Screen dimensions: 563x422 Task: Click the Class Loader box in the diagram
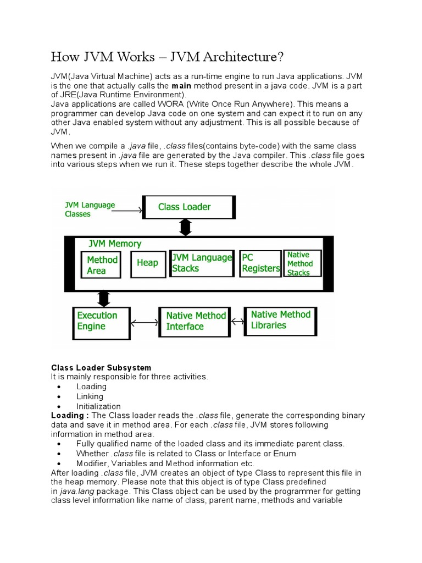(x=189, y=207)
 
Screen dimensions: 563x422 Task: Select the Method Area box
(x=102, y=265)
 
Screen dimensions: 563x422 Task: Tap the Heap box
(x=147, y=263)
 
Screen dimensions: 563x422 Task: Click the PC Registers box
(x=260, y=263)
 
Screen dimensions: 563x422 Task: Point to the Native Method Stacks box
(x=302, y=263)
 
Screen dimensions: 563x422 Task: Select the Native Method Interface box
(x=195, y=321)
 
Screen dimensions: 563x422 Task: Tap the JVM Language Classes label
(x=90, y=209)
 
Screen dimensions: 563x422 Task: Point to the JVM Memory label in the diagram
(x=115, y=244)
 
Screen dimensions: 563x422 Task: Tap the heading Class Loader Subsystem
(x=101, y=367)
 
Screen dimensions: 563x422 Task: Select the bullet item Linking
(x=90, y=396)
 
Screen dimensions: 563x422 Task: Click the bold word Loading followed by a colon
(x=70, y=415)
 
